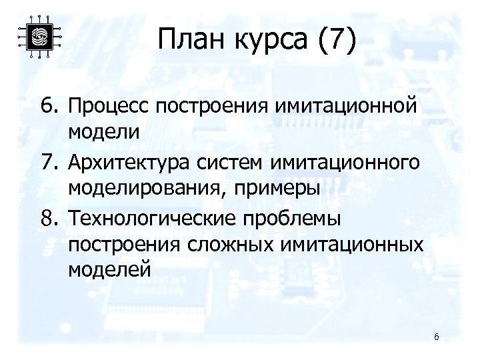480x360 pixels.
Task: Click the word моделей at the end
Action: pos(110,271)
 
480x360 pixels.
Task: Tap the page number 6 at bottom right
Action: pos(436,337)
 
